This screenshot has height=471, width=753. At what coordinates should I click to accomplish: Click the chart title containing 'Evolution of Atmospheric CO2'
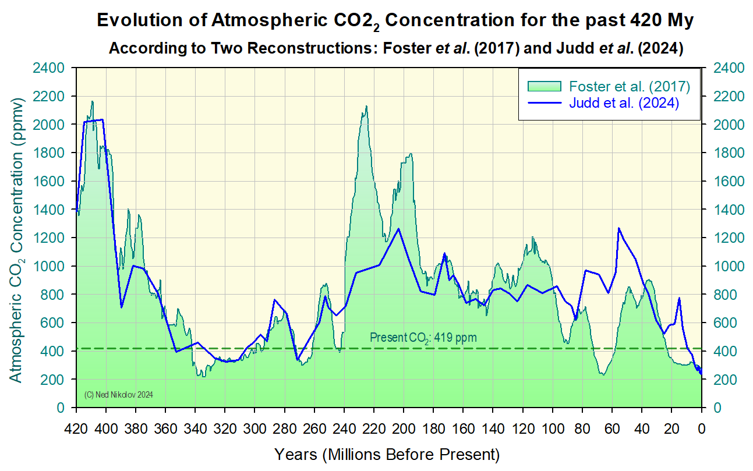[x=395, y=21]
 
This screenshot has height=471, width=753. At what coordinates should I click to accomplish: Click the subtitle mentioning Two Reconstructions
[x=395, y=48]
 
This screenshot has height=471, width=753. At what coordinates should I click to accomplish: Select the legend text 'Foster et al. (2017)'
[x=629, y=87]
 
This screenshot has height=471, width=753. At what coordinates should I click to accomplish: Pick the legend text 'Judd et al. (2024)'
[x=624, y=103]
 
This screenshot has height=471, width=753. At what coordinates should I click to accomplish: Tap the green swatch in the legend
[x=544, y=87]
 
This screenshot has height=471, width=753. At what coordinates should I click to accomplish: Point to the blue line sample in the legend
[x=544, y=103]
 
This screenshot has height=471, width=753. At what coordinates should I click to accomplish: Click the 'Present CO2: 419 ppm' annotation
[x=423, y=338]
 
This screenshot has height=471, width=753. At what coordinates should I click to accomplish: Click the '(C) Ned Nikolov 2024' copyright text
[x=118, y=395]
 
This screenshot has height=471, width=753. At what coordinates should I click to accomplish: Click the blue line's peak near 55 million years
[x=619, y=228]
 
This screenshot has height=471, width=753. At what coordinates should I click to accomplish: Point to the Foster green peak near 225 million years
[x=366, y=107]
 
